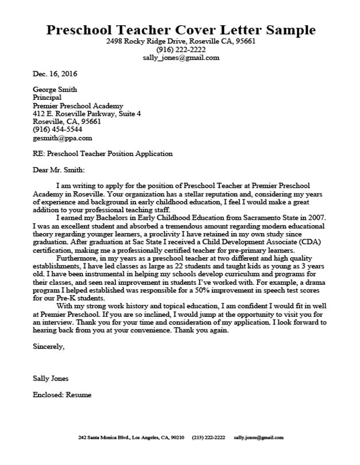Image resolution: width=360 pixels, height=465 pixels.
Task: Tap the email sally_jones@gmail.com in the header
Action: [x=181, y=58]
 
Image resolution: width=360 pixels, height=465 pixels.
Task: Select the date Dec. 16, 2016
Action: [x=55, y=74]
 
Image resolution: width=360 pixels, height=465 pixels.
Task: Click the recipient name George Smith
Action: [x=55, y=90]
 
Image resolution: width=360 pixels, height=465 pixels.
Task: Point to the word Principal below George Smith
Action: [x=47, y=98]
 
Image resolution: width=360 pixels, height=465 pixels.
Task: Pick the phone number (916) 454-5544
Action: [x=57, y=130]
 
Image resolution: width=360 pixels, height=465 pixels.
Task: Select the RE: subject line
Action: [x=102, y=154]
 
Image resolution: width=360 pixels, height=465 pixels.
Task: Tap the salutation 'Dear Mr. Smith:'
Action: [x=59, y=170]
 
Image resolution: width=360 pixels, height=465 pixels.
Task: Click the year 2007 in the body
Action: [x=317, y=218]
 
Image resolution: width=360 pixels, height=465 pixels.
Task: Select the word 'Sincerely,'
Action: [x=49, y=347]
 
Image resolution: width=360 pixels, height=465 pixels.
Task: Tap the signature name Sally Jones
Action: [x=51, y=379]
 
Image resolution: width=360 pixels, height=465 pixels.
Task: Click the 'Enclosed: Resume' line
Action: [x=62, y=395]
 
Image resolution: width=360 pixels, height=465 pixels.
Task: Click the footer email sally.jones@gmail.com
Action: [x=259, y=437]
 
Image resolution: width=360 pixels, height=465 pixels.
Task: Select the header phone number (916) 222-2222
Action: [x=181, y=50]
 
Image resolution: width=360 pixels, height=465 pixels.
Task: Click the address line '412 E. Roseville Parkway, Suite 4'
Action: [x=87, y=114]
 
